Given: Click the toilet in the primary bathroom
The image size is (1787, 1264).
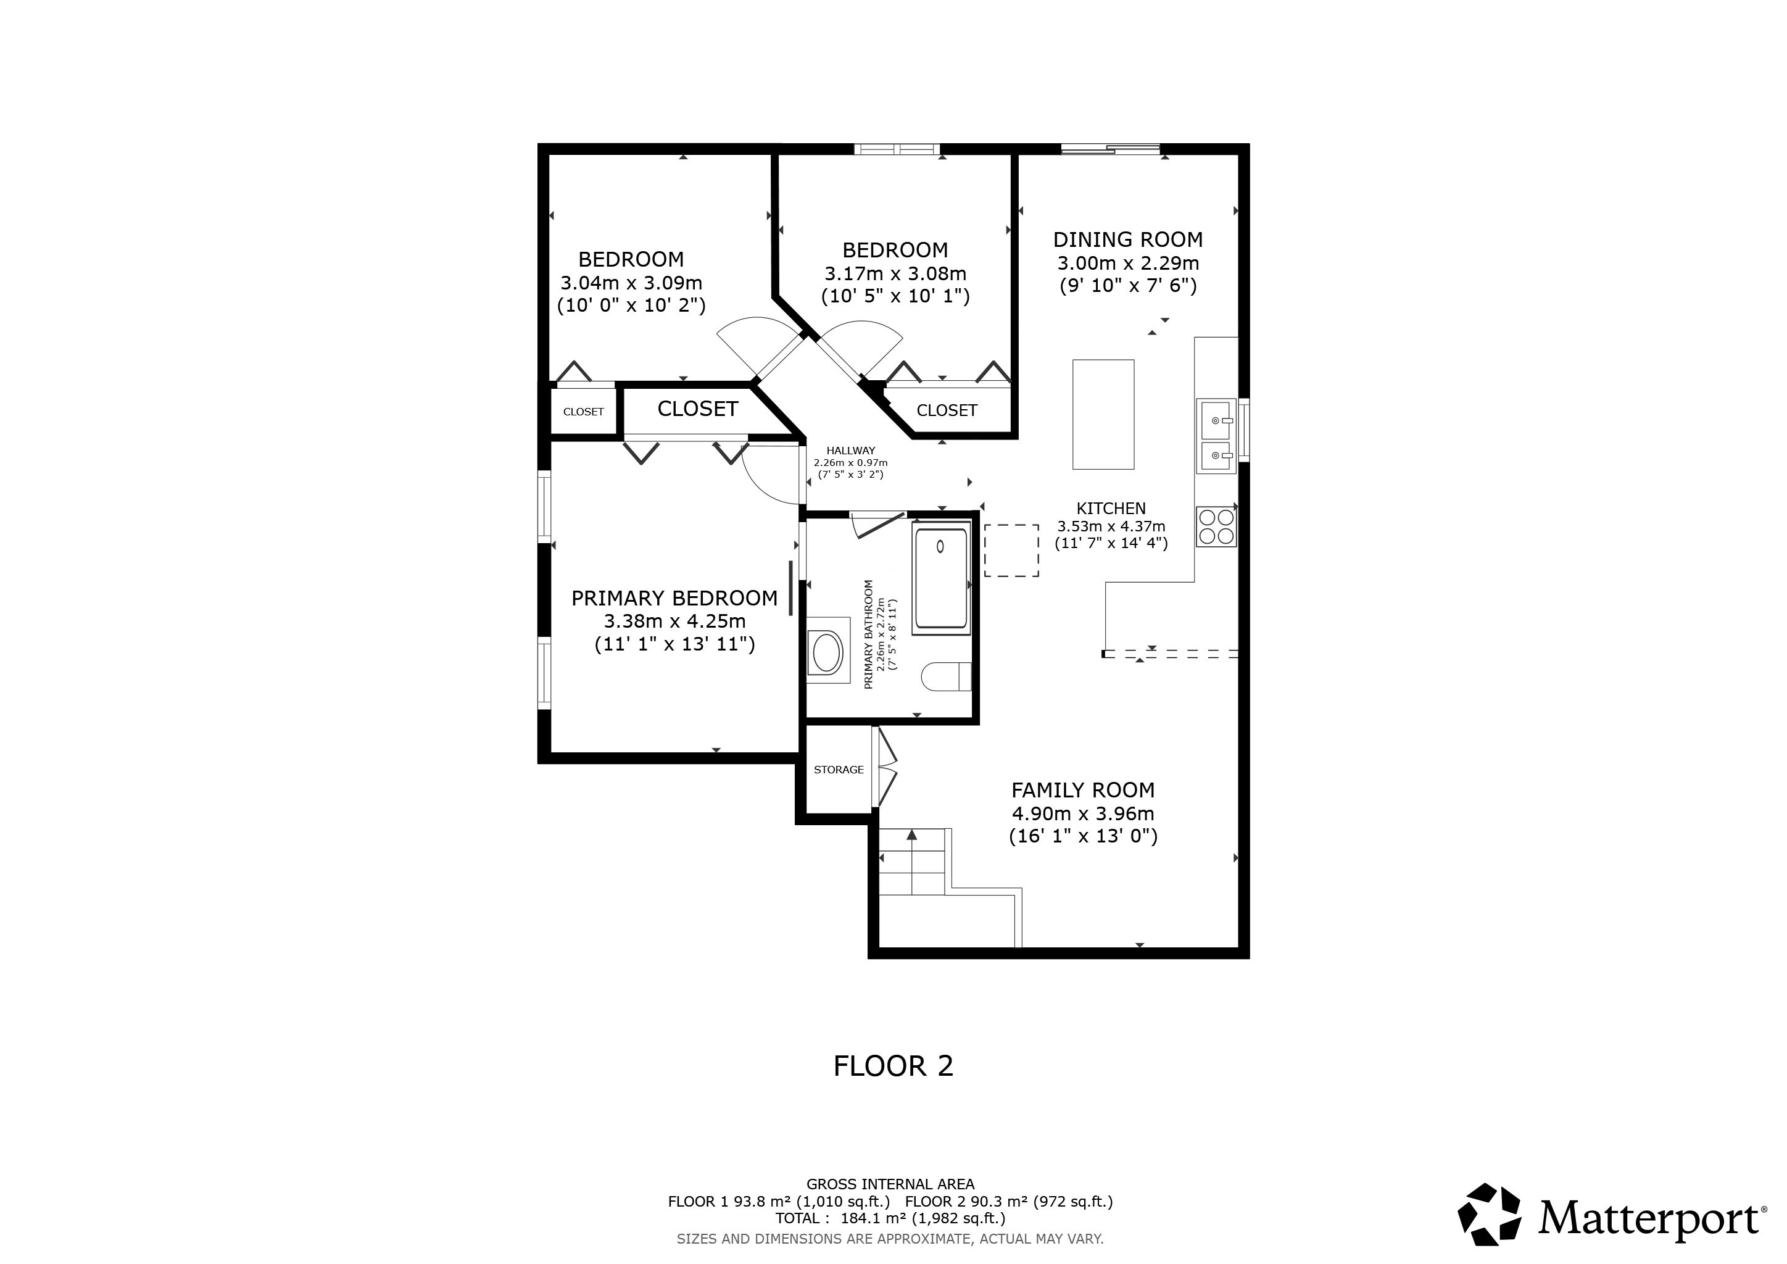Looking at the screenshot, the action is (x=947, y=676).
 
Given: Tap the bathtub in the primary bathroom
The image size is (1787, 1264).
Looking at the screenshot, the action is (x=941, y=578).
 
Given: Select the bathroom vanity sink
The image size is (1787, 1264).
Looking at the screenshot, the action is (x=826, y=652).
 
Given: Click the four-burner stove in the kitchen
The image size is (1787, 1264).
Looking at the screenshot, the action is (x=1216, y=526).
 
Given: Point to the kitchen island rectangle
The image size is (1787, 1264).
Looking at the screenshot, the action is (x=1103, y=414).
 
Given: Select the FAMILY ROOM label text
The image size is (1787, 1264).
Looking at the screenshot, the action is (x=1083, y=790).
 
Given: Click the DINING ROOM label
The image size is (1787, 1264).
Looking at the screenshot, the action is (x=1128, y=239).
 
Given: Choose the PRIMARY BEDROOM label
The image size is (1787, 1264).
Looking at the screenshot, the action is (x=674, y=598).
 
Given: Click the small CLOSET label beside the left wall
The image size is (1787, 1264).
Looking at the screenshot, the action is (x=583, y=412).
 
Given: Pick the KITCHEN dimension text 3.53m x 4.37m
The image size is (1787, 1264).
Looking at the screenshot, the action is (x=1111, y=526).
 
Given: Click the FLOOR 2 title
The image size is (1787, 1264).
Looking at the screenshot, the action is (x=893, y=1066).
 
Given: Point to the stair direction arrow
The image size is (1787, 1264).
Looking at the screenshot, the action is (x=911, y=862).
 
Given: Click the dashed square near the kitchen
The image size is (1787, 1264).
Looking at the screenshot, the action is (x=1011, y=551).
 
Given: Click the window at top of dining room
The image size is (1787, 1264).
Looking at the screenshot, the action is (x=1111, y=149).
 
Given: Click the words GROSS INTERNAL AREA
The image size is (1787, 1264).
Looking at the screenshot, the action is (x=890, y=1184).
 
